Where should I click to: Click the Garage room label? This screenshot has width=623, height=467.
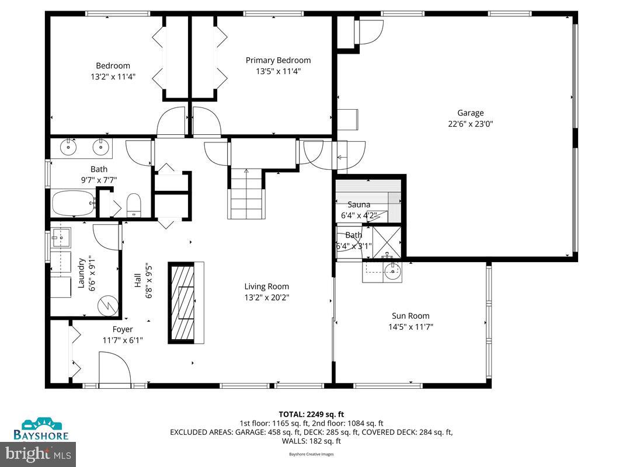coord(470,113)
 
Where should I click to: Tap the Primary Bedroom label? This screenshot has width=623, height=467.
coord(278,60)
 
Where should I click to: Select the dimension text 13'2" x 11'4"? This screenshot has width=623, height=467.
coord(113,76)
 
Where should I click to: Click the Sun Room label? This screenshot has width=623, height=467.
coord(410,316)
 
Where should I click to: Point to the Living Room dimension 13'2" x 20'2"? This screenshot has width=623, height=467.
coord(266,297)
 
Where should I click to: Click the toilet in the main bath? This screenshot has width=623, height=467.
coord(134,204)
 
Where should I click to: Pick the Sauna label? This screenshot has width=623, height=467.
coord(359,205)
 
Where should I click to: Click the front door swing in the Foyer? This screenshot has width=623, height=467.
coord(113,370)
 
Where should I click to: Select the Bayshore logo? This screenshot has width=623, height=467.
coord(41,429)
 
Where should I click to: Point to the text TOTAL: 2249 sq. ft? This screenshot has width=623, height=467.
coord(311,413)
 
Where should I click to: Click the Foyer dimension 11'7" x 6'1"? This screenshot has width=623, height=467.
coord(123,340)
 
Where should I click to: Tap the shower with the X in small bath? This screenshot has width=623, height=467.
coord(387,241)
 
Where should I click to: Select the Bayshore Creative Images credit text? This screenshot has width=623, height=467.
coord(311,454)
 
